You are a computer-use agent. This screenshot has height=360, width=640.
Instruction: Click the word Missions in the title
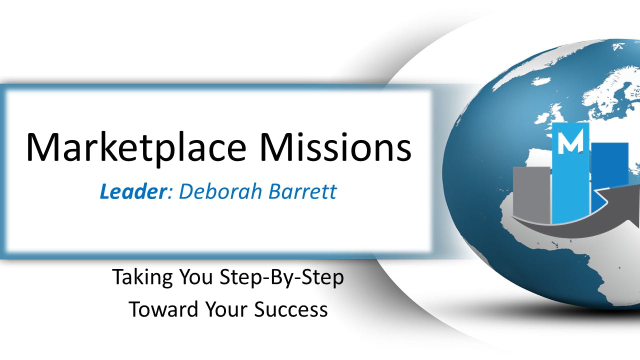click(x=335, y=147)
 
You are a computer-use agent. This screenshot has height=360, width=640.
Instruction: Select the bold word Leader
click(x=133, y=191)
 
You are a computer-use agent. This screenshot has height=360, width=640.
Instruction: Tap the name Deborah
click(x=220, y=191)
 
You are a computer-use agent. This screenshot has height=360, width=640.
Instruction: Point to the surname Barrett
click(x=302, y=191)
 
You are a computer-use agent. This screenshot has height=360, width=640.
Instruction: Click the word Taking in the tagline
click(x=142, y=277)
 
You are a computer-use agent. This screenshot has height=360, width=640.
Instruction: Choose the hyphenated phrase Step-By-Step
click(x=281, y=277)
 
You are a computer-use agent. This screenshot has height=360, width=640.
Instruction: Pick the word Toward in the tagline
click(x=163, y=309)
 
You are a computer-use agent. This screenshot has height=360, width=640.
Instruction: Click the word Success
click(x=290, y=309)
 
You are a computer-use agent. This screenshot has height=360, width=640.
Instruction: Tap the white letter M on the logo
click(x=570, y=141)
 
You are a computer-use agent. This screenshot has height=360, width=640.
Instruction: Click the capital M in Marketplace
click(x=43, y=147)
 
